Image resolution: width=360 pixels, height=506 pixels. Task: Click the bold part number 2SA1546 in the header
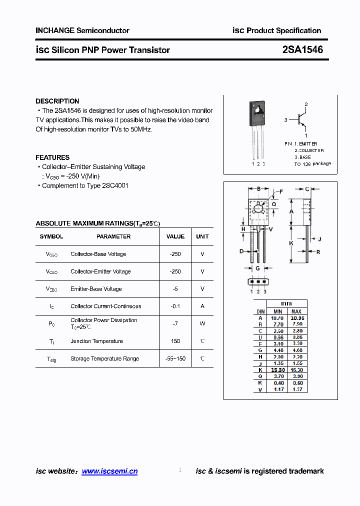(302, 49)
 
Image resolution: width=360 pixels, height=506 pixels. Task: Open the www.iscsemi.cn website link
(109, 471)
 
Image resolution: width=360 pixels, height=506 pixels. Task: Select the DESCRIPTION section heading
(57, 101)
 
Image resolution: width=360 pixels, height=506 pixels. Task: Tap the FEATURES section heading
(52, 157)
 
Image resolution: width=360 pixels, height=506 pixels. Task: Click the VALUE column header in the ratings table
(175, 236)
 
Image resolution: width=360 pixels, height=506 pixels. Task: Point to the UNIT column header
(202, 236)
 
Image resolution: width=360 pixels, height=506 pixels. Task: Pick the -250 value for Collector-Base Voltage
(175, 254)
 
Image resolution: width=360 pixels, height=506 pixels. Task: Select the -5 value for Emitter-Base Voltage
(175, 289)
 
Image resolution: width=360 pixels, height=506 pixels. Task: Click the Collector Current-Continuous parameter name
(106, 306)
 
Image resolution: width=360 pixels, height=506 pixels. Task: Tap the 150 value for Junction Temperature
(175, 341)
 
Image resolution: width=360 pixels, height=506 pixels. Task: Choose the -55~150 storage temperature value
(175, 358)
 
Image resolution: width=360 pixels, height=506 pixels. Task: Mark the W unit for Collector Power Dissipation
(202, 323)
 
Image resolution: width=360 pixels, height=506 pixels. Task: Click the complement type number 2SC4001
(115, 185)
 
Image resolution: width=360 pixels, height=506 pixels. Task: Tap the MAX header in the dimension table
(297, 311)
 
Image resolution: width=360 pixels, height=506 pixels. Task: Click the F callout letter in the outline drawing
(280, 191)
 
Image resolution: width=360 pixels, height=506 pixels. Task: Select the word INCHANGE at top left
(55, 30)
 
